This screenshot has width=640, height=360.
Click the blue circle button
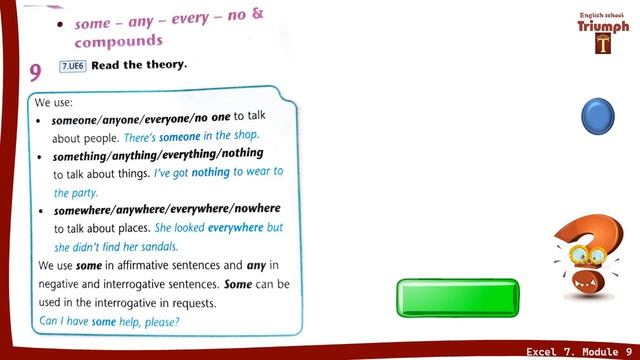click(598, 116)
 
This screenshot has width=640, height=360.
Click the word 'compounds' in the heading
click(118, 42)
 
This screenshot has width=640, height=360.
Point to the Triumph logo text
click(603, 27)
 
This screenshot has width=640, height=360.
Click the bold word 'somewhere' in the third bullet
click(83, 209)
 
